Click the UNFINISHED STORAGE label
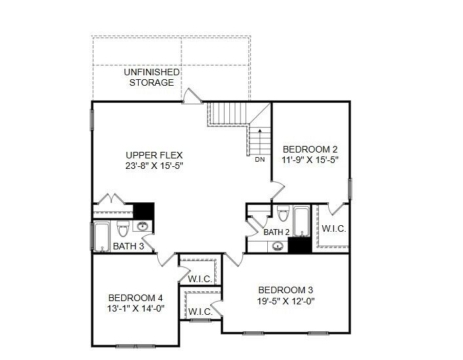click(x=151, y=77)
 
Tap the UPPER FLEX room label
click(x=154, y=155)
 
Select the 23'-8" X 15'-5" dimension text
click(x=154, y=166)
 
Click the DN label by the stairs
click(x=260, y=159)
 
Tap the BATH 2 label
click(x=276, y=232)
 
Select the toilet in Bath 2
click(x=283, y=214)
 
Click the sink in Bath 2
click(x=278, y=246)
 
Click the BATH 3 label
click(x=128, y=246)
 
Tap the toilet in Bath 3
click(x=122, y=228)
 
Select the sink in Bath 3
click(x=143, y=226)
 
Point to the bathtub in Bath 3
click(x=103, y=236)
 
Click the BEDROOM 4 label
click(x=135, y=295)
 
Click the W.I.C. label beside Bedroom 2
click(x=333, y=229)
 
